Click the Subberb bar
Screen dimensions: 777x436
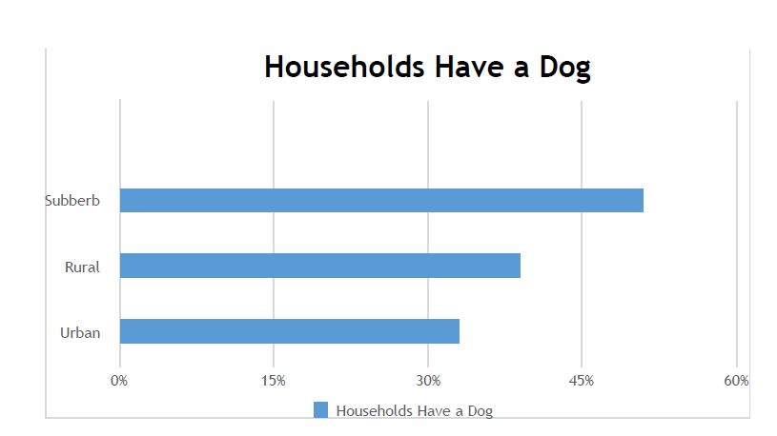(x=381, y=201)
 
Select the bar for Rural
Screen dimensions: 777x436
(x=320, y=266)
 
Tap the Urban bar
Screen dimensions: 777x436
(x=290, y=331)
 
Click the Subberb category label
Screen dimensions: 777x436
(x=72, y=201)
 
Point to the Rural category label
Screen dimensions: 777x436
(x=82, y=267)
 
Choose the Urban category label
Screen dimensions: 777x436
(x=80, y=332)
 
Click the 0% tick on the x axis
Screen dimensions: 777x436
(x=119, y=381)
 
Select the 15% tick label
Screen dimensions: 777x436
(x=274, y=381)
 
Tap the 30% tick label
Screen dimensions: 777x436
(x=428, y=381)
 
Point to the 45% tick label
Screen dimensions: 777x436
(x=582, y=381)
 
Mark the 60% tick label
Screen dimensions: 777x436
(x=736, y=381)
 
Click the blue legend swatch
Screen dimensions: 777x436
(x=320, y=409)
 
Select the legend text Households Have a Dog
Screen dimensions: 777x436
(x=415, y=410)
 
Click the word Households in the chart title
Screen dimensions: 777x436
(x=344, y=67)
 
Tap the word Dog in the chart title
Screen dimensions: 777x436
(x=565, y=68)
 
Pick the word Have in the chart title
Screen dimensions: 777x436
(x=470, y=67)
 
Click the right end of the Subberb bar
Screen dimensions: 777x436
(x=644, y=201)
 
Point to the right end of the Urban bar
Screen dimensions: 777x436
(x=459, y=331)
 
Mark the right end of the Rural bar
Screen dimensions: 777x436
(x=520, y=266)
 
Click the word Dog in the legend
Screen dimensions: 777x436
(x=481, y=411)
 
